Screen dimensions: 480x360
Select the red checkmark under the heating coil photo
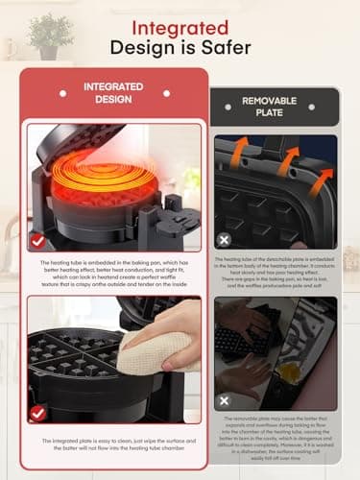[x=36, y=241]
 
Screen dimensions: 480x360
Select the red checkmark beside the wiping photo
[x=36, y=414]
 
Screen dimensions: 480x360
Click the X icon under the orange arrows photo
[x=225, y=240]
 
